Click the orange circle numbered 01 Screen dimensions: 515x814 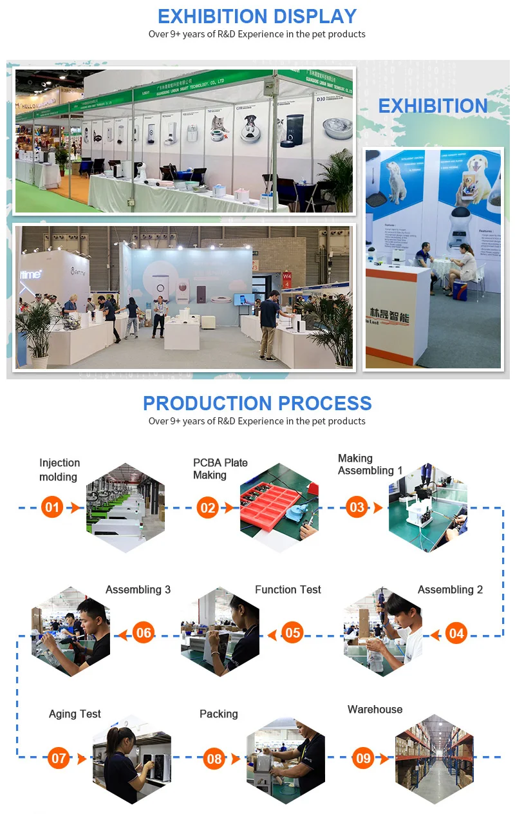pyautogui.click(x=52, y=507)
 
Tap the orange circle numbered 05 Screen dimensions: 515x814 pyautogui.click(x=292, y=632)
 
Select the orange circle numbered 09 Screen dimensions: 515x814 pyautogui.click(x=364, y=758)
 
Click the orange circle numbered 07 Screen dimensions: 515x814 pyautogui.click(x=59, y=758)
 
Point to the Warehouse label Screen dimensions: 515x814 pyautogui.click(x=375, y=709)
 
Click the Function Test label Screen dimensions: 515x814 pyautogui.click(x=288, y=589)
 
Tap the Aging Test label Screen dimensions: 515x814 pyautogui.click(x=75, y=714)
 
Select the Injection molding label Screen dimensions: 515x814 pyautogui.click(x=59, y=469)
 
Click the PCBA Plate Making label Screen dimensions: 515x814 pyautogui.click(x=220, y=469)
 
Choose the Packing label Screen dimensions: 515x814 pyautogui.click(x=218, y=714)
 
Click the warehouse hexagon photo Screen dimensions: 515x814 pyautogui.click(x=434, y=759)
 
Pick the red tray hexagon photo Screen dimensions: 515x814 pyautogui.click(x=279, y=507)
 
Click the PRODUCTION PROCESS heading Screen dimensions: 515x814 pyautogui.click(x=257, y=403)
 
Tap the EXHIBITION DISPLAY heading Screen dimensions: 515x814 pyautogui.click(x=257, y=16)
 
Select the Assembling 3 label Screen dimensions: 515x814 pyautogui.click(x=138, y=589)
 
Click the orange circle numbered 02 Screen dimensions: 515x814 pyautogui.click(x=208, y=507)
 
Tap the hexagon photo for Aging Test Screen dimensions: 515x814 pyautogui.click(x=132, y=759)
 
